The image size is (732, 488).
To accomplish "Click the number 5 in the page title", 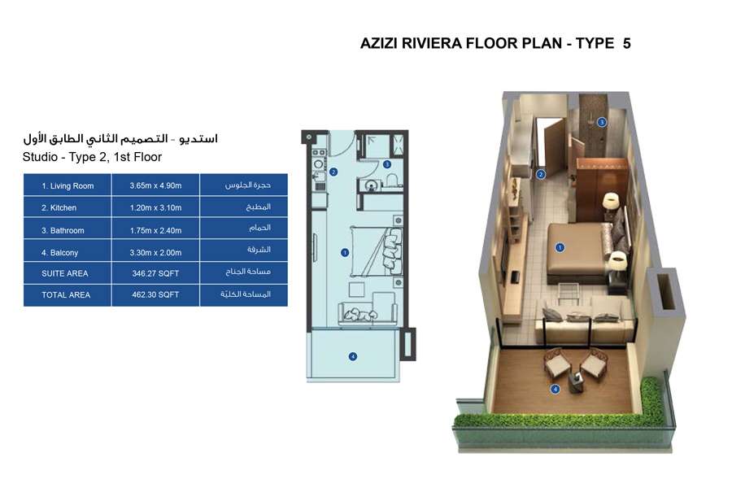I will pos(626,43).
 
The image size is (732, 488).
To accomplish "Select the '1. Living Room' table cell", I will pos(68,185).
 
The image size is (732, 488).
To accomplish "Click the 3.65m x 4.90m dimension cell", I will pos(155,185).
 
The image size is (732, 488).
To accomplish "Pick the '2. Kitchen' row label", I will pos(59,208).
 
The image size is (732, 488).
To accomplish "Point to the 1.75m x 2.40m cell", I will pos(155,230).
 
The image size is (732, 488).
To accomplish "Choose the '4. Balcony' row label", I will pos(61,252).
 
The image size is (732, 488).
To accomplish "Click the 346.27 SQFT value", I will pos(155,273).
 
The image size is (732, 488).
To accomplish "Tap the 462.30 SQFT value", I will pos(155,295).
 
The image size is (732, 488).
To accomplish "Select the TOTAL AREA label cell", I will pos(66,295).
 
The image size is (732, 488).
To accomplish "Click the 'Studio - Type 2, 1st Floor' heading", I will pos(93,157).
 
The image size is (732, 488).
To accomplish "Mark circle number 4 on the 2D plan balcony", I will pos(352,355).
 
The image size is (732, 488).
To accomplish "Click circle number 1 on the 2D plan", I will pos(345,253).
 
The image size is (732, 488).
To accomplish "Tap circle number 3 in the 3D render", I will pos(602,123).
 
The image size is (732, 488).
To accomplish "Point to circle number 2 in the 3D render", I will pos(541,173).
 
